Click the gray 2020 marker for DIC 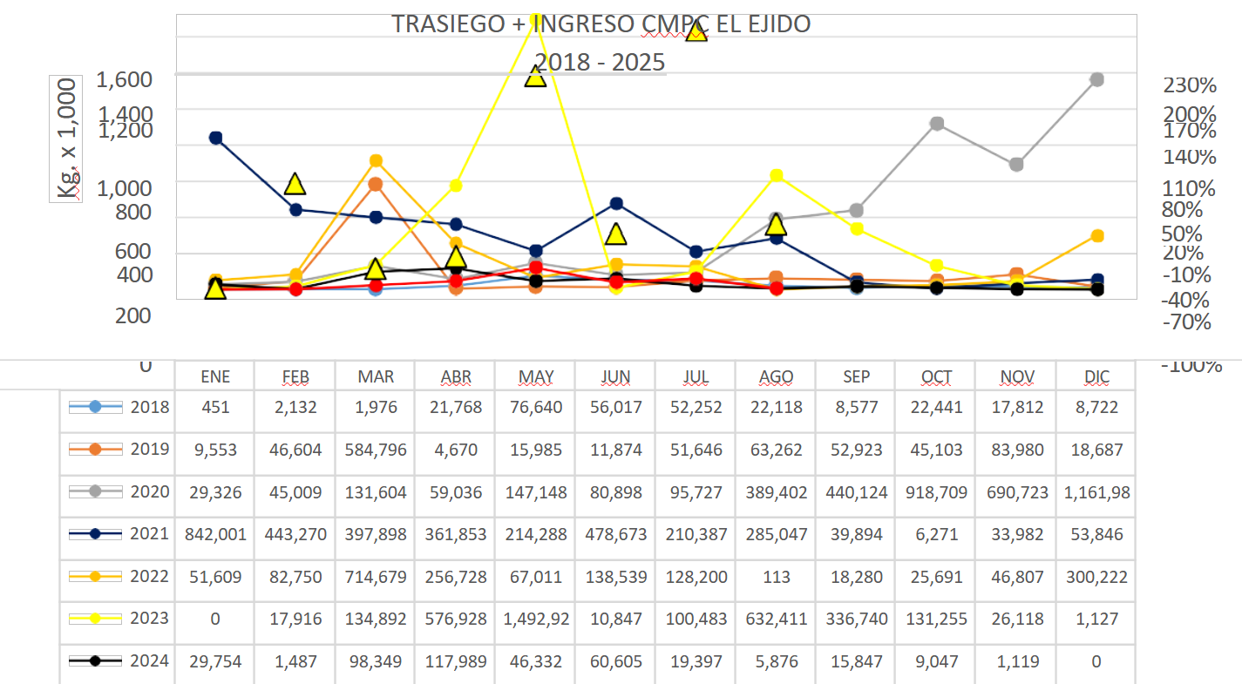[x=1096, y=80]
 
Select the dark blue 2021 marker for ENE [x=216, y=138]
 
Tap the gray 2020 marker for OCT [x=937, y=124]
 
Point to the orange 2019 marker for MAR [x=375, y=184]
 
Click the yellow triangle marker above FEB [x=295, y=184]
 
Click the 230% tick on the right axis [x=1190, y=85]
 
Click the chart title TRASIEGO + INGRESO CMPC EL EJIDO [x=601, y=24]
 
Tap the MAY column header [x=536, y=377]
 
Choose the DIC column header [x=1096, y=377]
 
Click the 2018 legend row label [x=150, y=407]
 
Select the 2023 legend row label [x=150, y=619]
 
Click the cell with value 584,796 [x=376, y=450]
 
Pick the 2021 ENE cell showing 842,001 [x=215, y=534]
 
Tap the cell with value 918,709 [x=937, y=492]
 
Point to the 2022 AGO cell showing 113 [x=776, y=577]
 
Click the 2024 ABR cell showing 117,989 [x=456, y=661]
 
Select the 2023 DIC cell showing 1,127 [x=1096, y=620]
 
